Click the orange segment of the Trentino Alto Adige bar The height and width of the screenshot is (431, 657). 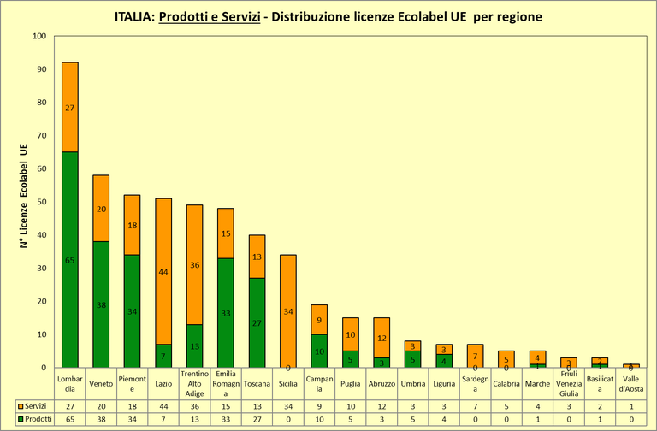pos(195,264)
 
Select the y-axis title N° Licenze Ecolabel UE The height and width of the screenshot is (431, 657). pos(24,202)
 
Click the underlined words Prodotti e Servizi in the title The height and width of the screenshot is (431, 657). pos(210,16)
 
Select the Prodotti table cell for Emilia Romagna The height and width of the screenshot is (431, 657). pos(226,420)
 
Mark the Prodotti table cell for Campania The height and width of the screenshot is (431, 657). pos(320,420)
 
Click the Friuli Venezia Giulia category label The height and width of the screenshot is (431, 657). pos(569,383)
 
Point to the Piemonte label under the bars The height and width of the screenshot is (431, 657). pos(133,383)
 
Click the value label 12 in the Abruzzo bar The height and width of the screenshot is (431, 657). pos(382,338)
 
